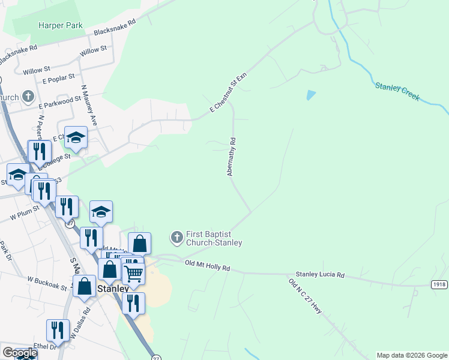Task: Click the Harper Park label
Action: click(x=60, y=26)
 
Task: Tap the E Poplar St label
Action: click(x=59, y=77)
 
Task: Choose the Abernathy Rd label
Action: click(x=232, y=157)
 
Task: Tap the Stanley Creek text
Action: click(x=397, y=92)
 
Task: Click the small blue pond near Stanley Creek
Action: click(x=310, y=95)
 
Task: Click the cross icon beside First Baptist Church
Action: click(x=176, y=238)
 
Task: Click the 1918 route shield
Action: click(x=439, y=284)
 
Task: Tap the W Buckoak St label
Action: click(x=47, y=283)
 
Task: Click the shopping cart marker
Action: click(x=134, y=273)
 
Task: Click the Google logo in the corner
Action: click(x=20, y=353)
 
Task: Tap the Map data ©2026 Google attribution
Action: click(x=412, y=355)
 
